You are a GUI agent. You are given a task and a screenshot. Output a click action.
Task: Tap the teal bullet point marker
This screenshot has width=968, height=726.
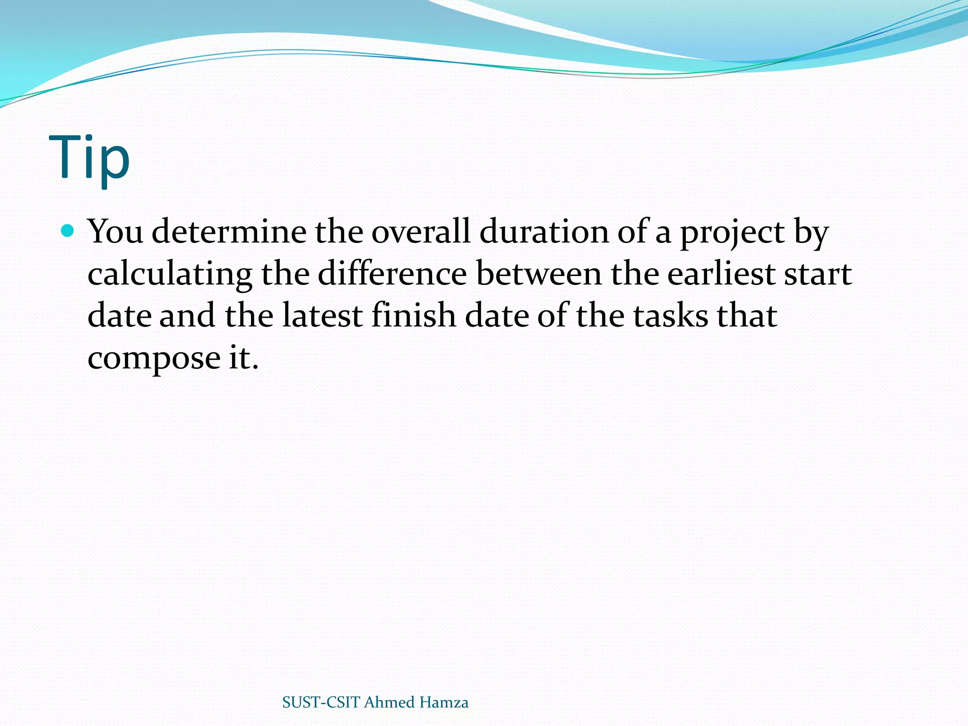(68, 231)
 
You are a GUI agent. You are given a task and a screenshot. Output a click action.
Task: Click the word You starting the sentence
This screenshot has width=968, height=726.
(115, 232)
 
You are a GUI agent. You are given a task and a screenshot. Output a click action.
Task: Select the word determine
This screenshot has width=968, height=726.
(229, 232)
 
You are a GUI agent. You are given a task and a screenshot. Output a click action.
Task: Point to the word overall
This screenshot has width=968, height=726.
(421, 232)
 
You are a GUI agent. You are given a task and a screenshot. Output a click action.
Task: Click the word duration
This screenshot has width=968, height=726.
(544, 232)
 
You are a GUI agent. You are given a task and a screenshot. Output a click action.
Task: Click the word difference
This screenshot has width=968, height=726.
(392, 274)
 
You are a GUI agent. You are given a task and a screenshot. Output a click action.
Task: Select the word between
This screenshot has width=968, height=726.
(539, 274)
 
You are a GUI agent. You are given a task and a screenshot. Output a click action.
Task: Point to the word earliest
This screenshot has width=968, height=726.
(721, 274)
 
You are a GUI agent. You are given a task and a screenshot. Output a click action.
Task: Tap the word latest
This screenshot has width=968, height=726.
(322, 316)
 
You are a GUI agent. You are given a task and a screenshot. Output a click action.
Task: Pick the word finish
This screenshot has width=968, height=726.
(414, 316)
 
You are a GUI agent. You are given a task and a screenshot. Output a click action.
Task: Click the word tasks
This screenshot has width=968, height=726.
(671, 316)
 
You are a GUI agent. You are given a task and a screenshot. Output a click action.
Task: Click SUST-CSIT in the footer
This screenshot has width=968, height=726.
(321, 702)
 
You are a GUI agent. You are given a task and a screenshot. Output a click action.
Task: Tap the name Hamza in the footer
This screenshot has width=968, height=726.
(443, 702)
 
